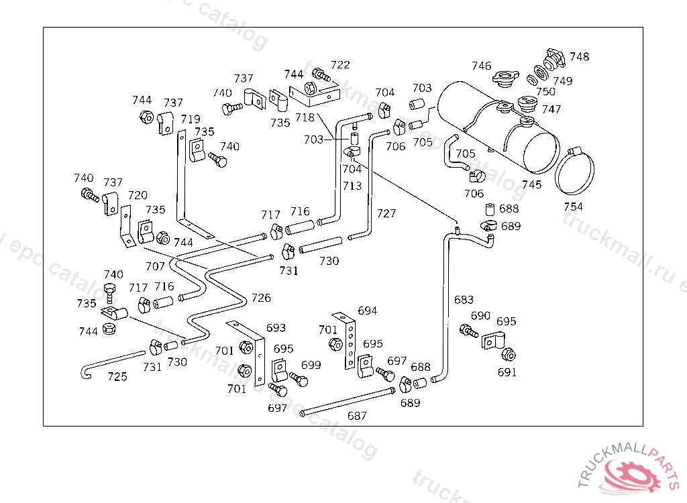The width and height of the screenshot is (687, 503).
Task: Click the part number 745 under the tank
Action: (x=531, y=184)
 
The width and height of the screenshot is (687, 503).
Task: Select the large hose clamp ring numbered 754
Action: (x=574, y=170)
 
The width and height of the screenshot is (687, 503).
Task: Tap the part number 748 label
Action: (x=579, y=56)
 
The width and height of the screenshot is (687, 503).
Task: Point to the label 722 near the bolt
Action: (x=340, y=65)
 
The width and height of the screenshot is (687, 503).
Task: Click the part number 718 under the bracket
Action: (x=305, y=117)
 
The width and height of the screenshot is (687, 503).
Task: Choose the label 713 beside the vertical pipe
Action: (x=352, y=186)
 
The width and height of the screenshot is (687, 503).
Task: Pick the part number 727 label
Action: (x=386, y=213)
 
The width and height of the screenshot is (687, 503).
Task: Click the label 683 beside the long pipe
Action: (x=464, y=300)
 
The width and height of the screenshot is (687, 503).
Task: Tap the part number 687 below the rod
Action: (x=357, y=416)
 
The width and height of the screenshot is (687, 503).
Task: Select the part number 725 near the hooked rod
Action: (x=117, y=376)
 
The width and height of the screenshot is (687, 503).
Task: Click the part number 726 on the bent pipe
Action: (x=261, y=298)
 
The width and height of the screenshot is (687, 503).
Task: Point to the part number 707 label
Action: (x=155, y=266)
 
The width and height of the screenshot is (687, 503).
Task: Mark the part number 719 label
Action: (x=191, y=119)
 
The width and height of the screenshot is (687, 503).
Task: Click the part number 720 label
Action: (x=138, y=195)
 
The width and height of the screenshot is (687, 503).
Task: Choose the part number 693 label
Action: (x=276, y=328)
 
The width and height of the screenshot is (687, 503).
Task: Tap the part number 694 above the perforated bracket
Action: (x=367, y=311)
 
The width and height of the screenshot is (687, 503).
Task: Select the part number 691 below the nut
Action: (x=507, y=372)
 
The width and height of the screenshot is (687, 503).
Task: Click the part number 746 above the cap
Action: (x=481, y=66)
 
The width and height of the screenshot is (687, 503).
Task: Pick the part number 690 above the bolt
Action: (x=480, y=315)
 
